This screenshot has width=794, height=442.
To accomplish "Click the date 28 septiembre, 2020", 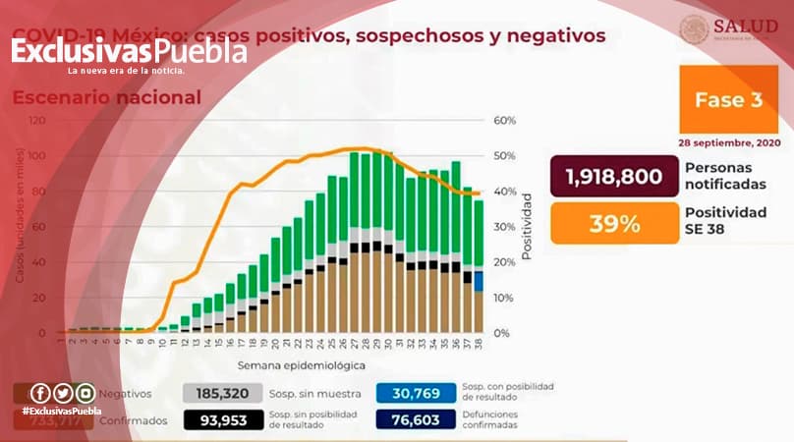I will [727, 141].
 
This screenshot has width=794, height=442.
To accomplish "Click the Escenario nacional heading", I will [106, 98].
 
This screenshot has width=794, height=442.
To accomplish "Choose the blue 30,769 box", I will [414, 394].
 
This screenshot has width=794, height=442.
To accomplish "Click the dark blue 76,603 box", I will [414, 420].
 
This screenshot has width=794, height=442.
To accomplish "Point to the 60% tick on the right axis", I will [504, 121].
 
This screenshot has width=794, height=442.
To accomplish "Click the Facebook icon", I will [40, 392].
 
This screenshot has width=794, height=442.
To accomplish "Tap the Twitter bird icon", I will [62, 392].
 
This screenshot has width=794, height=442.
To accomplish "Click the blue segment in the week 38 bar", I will [478, 281].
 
